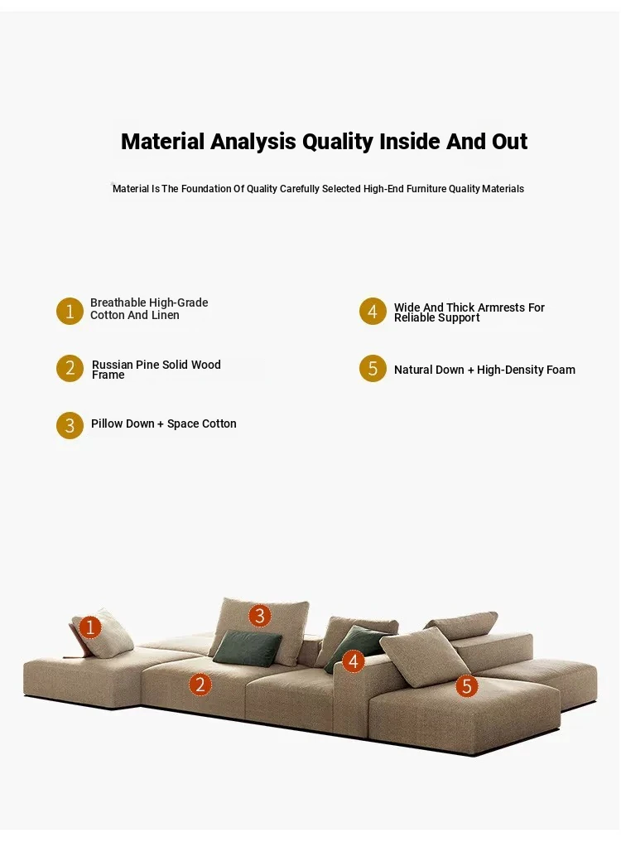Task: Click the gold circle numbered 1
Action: pyautogui.click(x=70, y=311)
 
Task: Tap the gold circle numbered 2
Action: pyautogui.click(x=70, y=369)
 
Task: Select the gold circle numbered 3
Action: pyautogui.click(x=70, y=425)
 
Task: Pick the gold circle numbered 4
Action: pyautogui.click(x=373, y=311)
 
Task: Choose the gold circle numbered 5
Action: pyautogui.click(x=373, y=369)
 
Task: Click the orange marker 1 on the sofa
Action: pyautogui.click(x=90, y=627)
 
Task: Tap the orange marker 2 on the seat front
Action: pyautogui.click(x=200, y=685)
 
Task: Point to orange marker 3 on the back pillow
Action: pyautogui.click(x=259, y=616)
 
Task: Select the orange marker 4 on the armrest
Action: pyautogui.click(x=353, y=661)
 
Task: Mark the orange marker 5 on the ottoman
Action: pyautogui.click(x=467, y=686)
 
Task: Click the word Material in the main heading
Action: pyautogui.click(x=163, y=142)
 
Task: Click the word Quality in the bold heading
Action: pyautogui.click(x=338, y=143)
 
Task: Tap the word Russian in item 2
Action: pyautogui.click(x=113, y=365)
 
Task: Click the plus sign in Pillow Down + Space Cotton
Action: pyautogui.click(x=161, y=424)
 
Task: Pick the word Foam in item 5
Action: pyautogui.click(x=562, y=370)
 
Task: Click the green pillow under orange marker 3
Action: pyautogui.click(x=248, y=646)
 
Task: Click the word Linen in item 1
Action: pyautogui.click(x=165, y=315)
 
